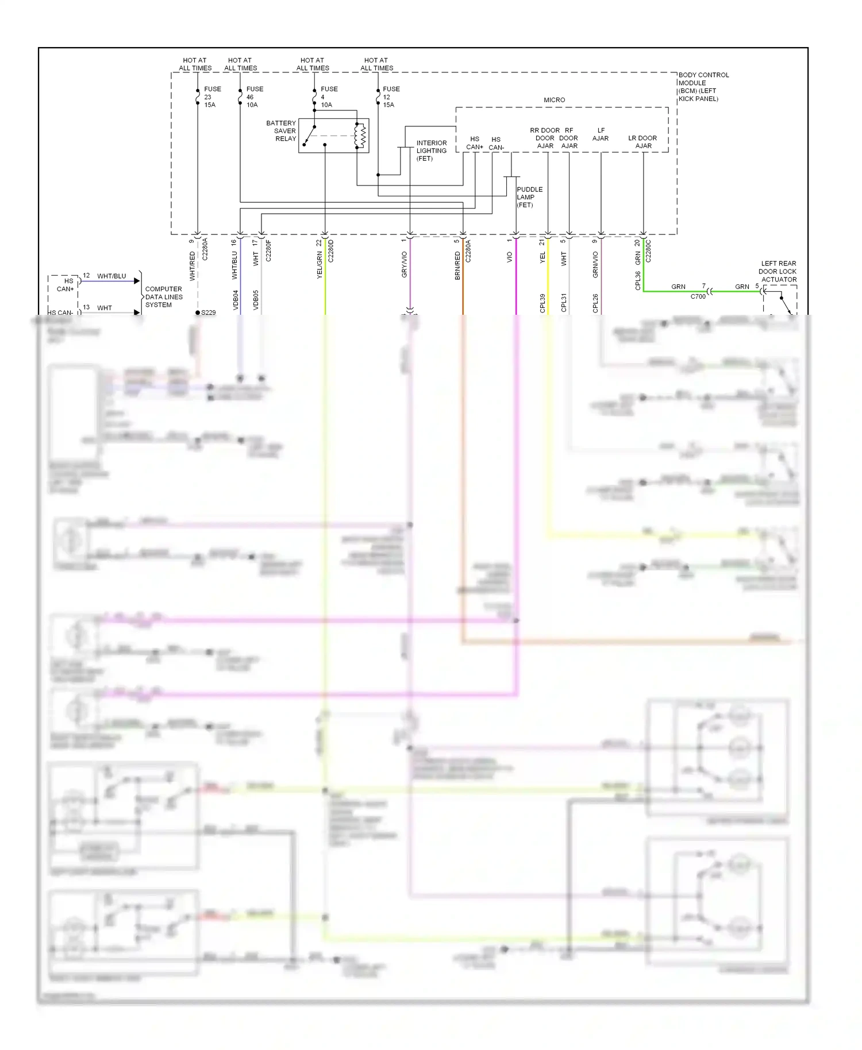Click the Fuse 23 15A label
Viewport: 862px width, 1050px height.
tap(211, 97)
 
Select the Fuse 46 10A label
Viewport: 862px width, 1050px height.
tap(254, 97)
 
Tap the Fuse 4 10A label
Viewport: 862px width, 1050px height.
tap(328, 97)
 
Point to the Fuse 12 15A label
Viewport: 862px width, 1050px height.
tap(391, 97)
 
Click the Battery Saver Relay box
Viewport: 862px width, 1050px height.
tap(333, 136)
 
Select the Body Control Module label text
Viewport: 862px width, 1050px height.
tap(703, 87)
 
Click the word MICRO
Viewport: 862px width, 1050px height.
tap(554, 100)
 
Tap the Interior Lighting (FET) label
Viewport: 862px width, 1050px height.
tap(431, 150)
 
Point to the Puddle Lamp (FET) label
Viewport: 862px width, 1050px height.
tap(529, 197)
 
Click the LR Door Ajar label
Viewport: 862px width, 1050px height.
tap(642, 142)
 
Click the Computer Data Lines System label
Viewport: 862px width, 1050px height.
tap(163, 297)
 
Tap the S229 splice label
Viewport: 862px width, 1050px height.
tap(208, 312)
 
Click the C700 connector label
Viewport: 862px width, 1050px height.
tap(698, 296)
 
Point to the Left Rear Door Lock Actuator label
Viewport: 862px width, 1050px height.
tap(778, 272)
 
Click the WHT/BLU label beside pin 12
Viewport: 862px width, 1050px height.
tap(111, 276)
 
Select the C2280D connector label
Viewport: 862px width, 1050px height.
tap(330, 251)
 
